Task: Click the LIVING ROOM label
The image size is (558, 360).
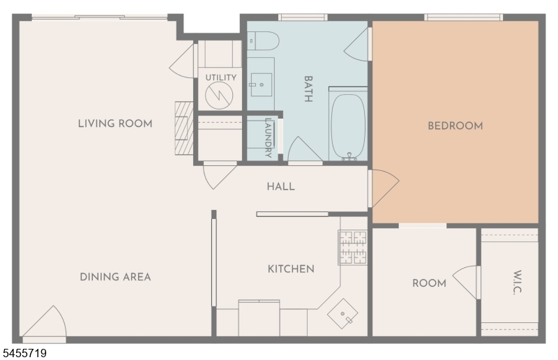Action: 115,123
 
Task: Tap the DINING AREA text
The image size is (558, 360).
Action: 115,277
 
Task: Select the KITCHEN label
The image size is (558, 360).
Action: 291,269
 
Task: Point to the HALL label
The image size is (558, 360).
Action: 281,186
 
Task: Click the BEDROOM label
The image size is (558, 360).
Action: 455,126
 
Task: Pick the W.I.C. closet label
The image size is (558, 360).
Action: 517,282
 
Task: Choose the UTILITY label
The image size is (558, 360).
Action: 220,77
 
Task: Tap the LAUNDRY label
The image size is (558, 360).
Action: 269,138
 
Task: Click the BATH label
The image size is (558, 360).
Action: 308,89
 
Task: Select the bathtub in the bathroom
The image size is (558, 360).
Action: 348,126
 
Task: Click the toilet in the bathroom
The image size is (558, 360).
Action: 263,41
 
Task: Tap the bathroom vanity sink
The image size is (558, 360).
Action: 262,84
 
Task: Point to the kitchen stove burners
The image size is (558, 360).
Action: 352,248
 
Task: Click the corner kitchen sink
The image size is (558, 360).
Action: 342,314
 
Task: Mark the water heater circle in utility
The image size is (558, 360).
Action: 219,96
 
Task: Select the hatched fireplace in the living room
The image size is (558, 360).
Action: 183,128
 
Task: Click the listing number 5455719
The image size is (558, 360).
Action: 24,353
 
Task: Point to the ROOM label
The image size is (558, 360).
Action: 429,283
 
